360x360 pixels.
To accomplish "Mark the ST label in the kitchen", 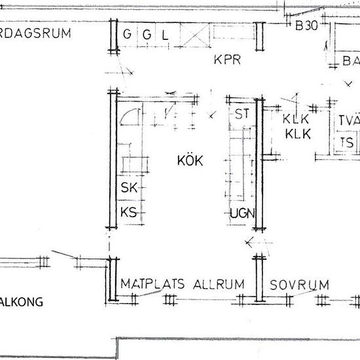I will [x=242, y=114].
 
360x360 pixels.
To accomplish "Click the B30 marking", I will [x=306, y=27].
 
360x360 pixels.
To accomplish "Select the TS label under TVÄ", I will [x=346, y=143].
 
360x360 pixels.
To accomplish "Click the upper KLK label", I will [x=295, y=120].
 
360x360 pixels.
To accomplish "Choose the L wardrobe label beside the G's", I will [x=166, y=35].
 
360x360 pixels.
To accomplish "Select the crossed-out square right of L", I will [x=194, y=35].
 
